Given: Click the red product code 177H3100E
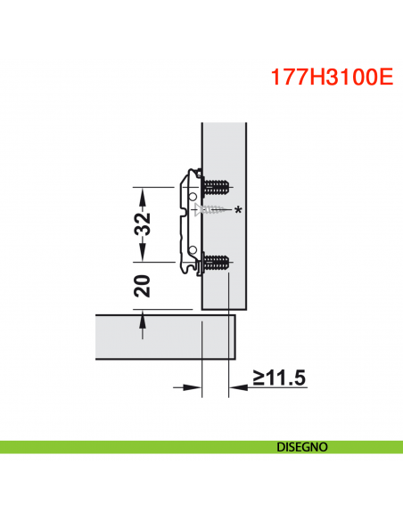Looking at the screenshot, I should (331, 77).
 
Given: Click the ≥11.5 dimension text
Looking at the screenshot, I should (279, 378).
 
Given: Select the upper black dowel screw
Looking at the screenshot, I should (217, 189).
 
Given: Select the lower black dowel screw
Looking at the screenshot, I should (217, 262).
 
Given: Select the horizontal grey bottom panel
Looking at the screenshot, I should (160, 336).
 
